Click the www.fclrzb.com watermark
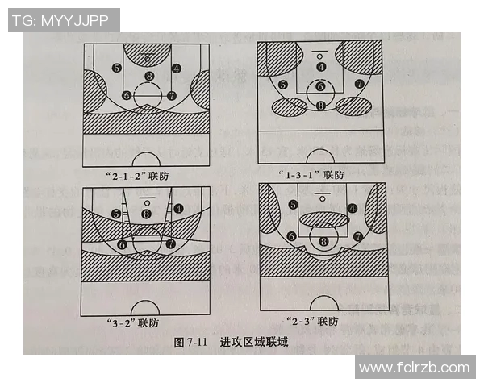(414, 368)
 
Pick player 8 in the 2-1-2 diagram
(148, 77)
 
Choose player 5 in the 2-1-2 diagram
(118, 69)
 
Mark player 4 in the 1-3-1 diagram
(321, 67)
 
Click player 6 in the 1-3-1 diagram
(320, 86)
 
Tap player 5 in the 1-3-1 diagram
(283, 84)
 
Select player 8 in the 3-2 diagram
(146, 214)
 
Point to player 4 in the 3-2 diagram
(177, 207)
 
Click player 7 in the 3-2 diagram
(170, 243)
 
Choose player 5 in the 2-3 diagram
(293, 205)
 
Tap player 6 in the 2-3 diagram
(290, 236)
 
